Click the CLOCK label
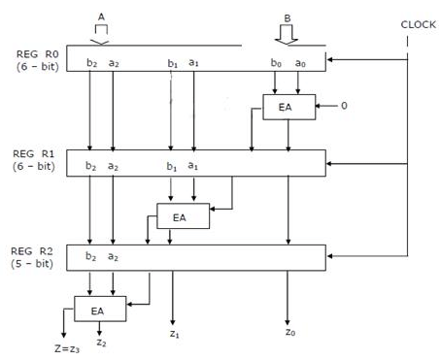click(419, 26)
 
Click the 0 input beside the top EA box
click(343, 106)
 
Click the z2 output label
click(101, 343)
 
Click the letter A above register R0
click(101, 16)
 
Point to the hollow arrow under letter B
click(285, 35)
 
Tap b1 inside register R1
click(171, 166)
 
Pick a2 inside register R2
click(114, 256)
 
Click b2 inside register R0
click(90, 62)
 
